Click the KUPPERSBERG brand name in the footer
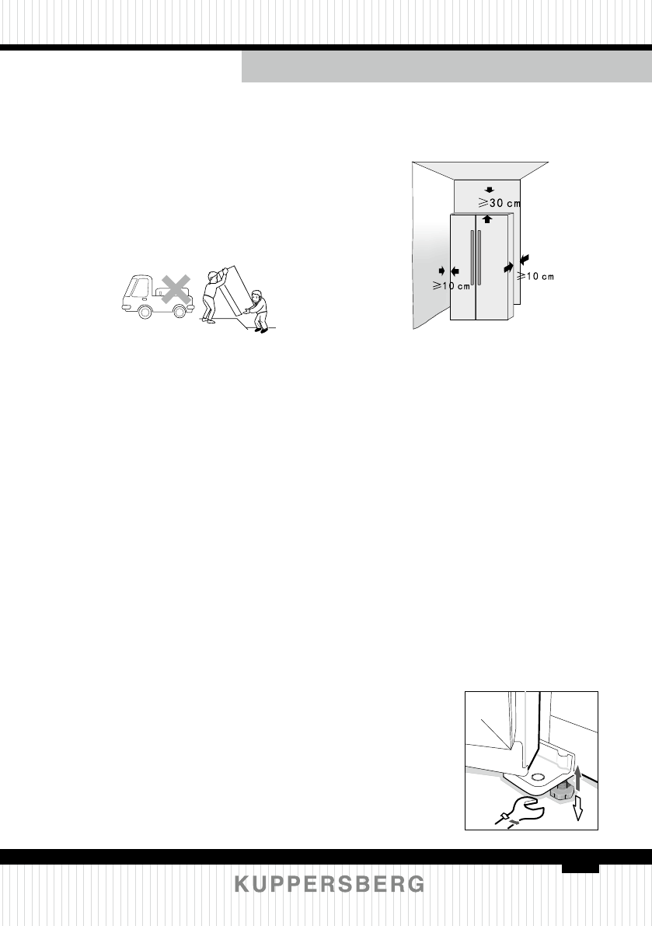pyautogui.click(x=329, y=885)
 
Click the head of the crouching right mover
pyautogui.click(x=259, y=297)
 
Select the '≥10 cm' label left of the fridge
pyautogui.click(x=452, y=285)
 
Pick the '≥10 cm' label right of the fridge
pyautogui.click(x=537, y=276)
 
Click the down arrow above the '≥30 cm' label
pyautogui.click(x=488, y=189)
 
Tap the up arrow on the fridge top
pyautogui.click(x=487, y=218)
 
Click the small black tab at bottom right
pyautogui.click(x=581, y=867)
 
